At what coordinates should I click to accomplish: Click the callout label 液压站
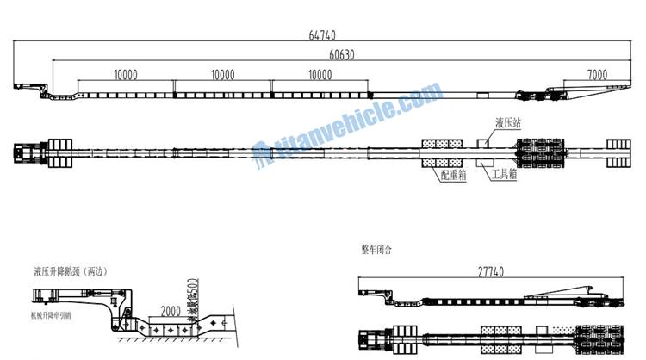click(x=507, y=123)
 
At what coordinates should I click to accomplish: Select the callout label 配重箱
click(x=453, y=175)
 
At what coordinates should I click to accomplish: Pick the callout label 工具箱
click(x=506, y=175)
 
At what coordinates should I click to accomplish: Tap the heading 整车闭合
click(x=376, y=251)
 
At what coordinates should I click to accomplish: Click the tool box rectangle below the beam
click(x=484, y=162)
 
